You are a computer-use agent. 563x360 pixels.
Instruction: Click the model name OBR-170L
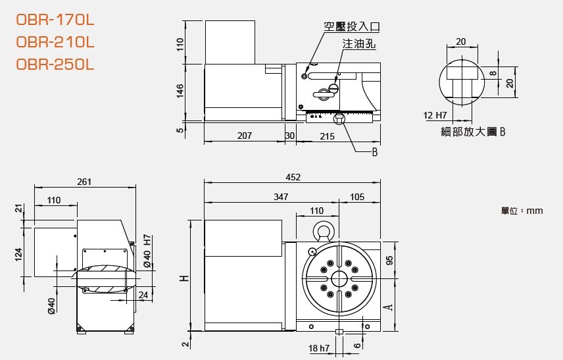pyautogui.click(x=55, y=20)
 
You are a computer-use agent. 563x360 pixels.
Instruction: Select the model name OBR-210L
pyautogui.click(x=55, y=42)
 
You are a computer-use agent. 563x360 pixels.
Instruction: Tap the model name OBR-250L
pyautogui.click(x=55, y=64)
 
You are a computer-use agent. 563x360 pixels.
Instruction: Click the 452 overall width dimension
pyautogui.click(x=293, y=177)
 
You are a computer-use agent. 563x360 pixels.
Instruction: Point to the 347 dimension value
pyautogui.click(x=281, y=197)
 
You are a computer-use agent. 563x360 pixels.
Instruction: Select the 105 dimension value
pyautogui.click(x=357, y=197)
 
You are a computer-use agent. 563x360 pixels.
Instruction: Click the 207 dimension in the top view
pyautogui.click(x=245, y=136)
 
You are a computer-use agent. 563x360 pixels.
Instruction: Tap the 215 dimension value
pyautogui.click(x=327, y=136)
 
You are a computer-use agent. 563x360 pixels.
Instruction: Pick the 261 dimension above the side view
pyautogui.click(x=84, y=182)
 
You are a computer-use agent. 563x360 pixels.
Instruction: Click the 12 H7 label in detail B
pyautogui.click(x=435, y=115)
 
